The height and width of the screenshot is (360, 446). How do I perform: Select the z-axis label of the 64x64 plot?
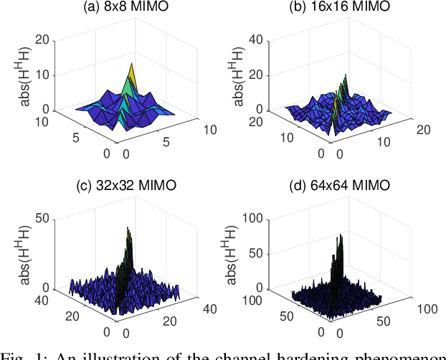[232, 252]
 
